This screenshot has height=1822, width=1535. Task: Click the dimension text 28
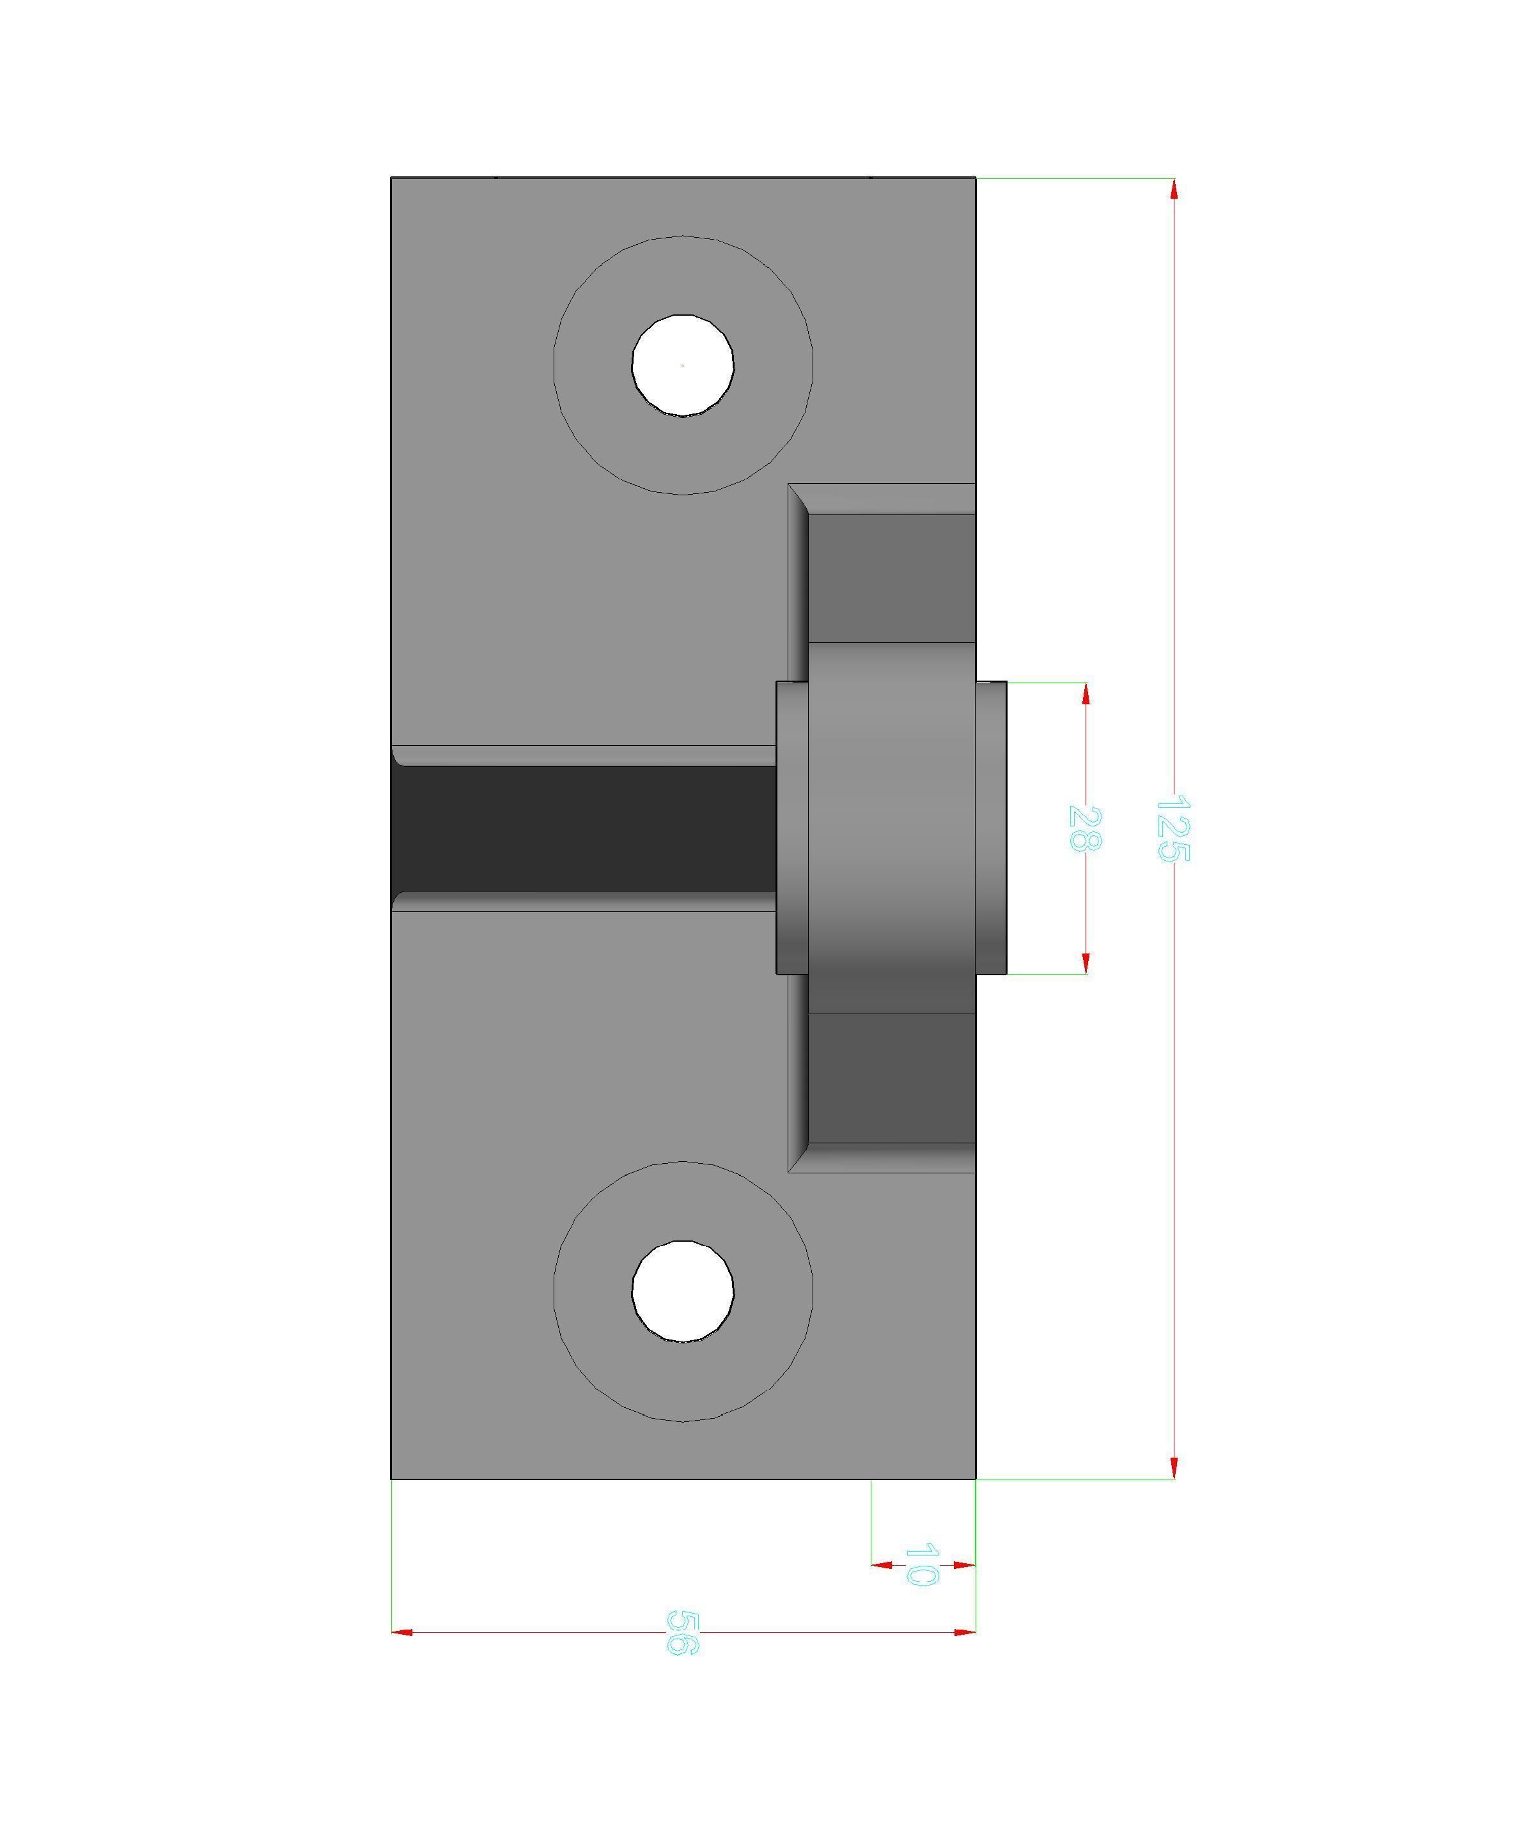coord(1085,829)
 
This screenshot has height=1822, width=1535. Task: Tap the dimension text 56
coord(683,1632)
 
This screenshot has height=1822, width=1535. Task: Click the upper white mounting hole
coord(683,366)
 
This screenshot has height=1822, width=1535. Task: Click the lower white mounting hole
coord(683,1291)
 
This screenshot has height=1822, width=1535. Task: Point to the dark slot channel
coord(583,828)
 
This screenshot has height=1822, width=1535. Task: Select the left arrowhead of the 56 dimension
coord(402,1632)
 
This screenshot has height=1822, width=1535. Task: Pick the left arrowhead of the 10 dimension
coord(882,1566)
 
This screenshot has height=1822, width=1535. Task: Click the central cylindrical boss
coord(891,828)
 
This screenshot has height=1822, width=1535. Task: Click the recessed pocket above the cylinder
coord(891,578)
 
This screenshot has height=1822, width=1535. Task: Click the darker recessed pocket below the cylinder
coord(891,1078)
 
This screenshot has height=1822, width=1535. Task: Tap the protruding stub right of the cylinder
coord(991,828)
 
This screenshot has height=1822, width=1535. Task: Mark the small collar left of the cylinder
coord(792,828)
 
